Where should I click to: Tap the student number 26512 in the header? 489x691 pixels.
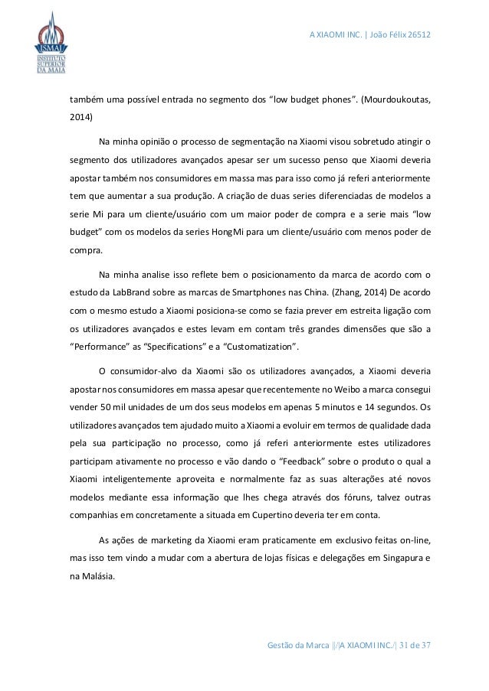click(x=418, y=37)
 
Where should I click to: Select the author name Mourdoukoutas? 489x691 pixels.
click(x=394, y=99)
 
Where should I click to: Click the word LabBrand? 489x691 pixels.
click(x=131, y=291)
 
